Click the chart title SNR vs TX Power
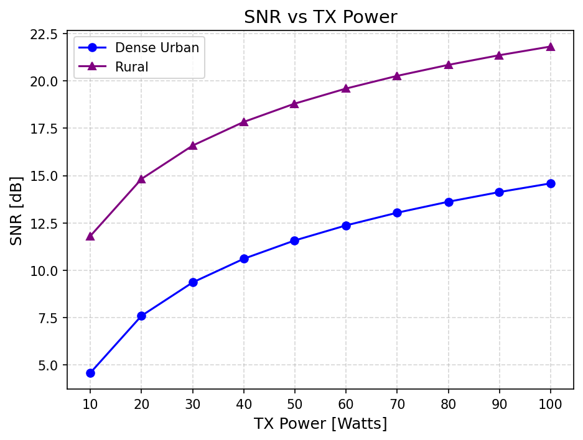320,17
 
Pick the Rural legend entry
132,67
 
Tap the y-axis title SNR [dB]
17,210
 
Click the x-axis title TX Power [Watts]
320,424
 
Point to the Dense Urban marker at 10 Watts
90,373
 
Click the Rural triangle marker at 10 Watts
90,236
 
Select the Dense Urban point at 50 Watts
295,241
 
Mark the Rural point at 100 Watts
551,47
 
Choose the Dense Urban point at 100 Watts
551,183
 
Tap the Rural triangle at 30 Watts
193,145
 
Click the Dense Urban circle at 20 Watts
141,316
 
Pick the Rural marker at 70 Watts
397,76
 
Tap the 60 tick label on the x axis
346,403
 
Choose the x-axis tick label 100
551,403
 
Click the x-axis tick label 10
90,403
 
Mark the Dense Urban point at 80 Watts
449,202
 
